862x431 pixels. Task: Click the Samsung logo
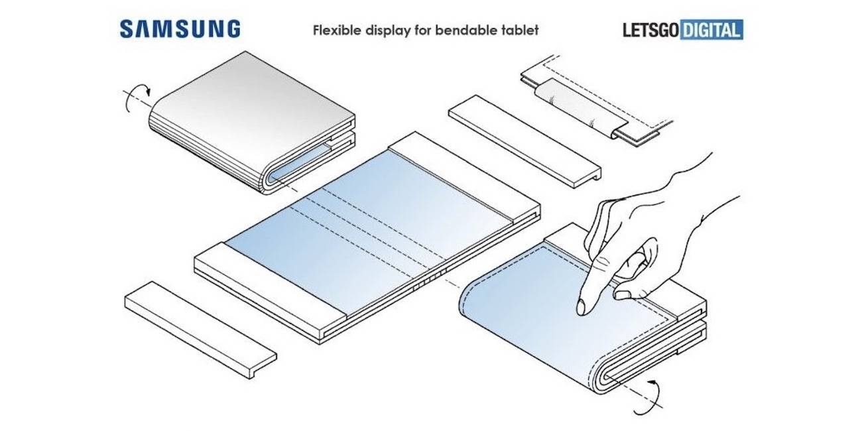[180, 29]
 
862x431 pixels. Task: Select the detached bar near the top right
[524, 139]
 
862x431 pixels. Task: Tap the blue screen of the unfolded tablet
[371, 225]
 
